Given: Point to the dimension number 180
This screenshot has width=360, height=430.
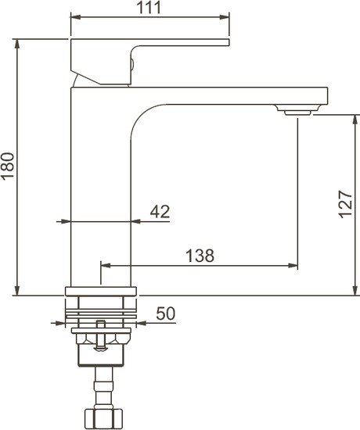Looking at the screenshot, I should point(8,165).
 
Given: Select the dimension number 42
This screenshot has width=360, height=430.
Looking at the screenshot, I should point(159,211).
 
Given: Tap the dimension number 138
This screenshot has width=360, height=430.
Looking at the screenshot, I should point(200,255).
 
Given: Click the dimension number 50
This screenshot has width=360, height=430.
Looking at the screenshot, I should point(164,313).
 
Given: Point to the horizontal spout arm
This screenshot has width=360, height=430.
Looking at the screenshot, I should point(235,95).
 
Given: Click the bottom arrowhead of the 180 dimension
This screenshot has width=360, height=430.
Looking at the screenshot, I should point(16,292).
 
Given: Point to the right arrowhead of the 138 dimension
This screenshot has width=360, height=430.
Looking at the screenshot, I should point(294,266).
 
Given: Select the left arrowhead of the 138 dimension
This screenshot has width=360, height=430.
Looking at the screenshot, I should point(103,266).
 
